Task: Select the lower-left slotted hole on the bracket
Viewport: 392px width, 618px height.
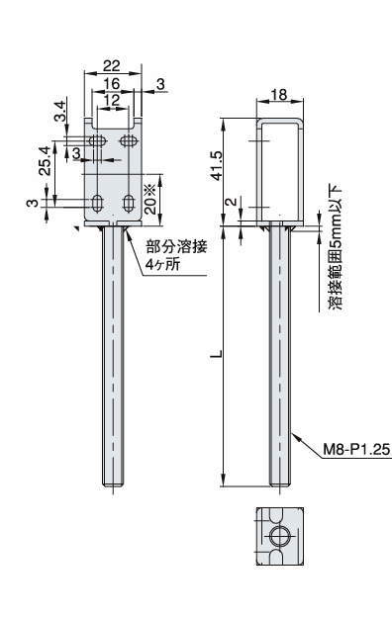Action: point(98,205)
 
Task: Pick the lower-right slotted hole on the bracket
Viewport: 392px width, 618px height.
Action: point(128,205)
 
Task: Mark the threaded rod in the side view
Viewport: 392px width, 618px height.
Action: point(277,356)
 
